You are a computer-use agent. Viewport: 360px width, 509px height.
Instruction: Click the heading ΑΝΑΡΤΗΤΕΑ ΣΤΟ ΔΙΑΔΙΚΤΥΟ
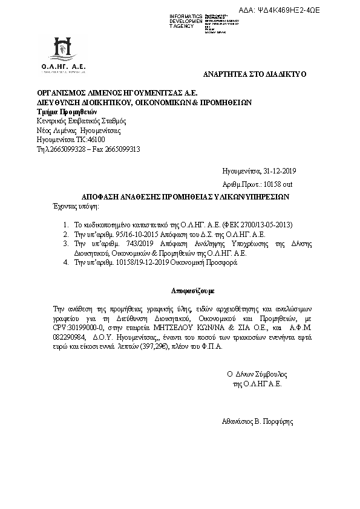click(x=255, y=74)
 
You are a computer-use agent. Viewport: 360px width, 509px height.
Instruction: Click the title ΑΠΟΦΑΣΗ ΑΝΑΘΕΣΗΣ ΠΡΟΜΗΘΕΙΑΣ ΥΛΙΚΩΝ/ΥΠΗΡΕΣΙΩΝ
click(x=186, y=196)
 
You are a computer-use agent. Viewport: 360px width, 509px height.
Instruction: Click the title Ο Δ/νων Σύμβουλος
click(x=257, y=374)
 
